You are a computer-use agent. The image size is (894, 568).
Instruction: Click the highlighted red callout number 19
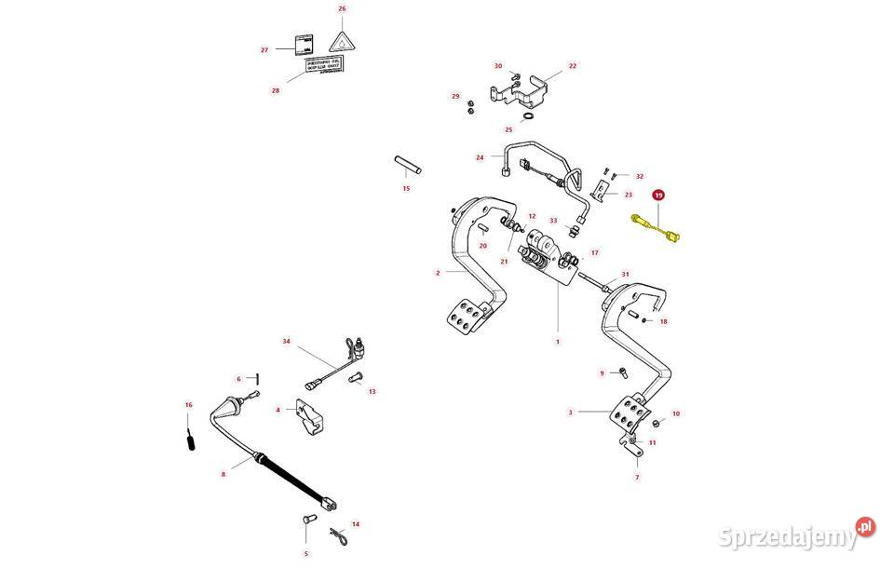coord(658,196)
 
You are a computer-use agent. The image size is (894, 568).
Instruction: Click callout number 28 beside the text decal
coord(275,90)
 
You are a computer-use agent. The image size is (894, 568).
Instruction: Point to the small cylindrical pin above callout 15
coord(407,164)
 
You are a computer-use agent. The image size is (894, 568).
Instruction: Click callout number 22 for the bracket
coord(573,66)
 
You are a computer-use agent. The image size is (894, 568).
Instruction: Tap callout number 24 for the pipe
coord(480,157)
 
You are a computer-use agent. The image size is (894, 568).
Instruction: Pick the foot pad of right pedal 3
coord(628,411)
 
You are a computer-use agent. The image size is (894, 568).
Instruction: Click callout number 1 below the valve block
coord(557,342)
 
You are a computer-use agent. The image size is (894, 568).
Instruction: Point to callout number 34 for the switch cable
coord(287,342)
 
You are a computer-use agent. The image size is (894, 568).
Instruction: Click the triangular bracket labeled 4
coord(308,417)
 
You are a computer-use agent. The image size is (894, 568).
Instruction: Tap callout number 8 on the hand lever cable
coord(223,474)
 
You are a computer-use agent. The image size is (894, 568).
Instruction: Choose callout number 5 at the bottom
coord(305,552)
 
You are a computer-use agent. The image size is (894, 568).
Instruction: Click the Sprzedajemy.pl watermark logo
coord(801,532)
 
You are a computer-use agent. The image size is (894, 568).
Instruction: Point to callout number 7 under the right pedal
coord(637,477)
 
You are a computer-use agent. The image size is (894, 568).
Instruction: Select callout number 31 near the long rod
coord(625,274)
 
